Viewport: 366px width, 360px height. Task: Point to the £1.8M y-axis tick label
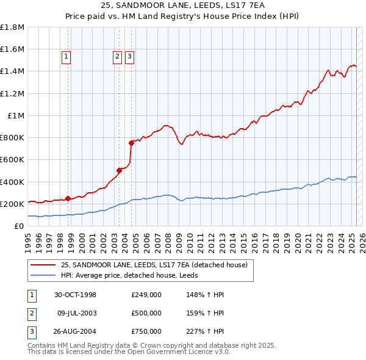tap(12, 27)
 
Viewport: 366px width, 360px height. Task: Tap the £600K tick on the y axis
tap(12, 160)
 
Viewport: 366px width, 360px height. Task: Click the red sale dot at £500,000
tap(120, 171)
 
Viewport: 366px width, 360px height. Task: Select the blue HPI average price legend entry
tap(134, 276)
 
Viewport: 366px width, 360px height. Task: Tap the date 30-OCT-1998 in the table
tap(75, 295)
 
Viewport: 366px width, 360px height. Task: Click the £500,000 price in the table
tap(146, 313)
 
